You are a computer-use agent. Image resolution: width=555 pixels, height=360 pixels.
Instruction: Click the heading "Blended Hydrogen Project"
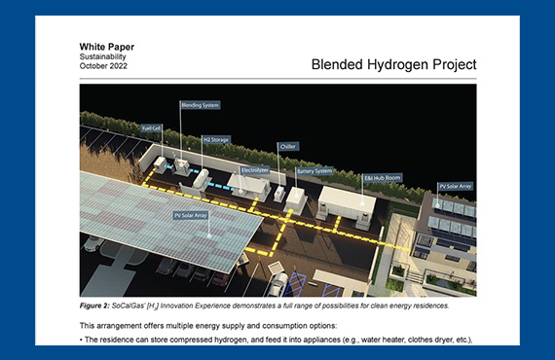click(x=394, y=65)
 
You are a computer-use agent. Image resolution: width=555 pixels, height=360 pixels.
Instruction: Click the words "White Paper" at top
click(x=107, y=46)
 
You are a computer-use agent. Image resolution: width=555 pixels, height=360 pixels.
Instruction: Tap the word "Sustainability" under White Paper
click(x=103, y=56)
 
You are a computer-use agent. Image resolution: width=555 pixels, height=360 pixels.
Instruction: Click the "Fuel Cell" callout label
click(x=151, y=127)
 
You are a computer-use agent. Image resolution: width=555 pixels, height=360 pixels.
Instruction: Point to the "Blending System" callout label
click(x=199, y=105)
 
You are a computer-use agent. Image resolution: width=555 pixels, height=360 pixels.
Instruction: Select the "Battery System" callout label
click(x=314, y=170)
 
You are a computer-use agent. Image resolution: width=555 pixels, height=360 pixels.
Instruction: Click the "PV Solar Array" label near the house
click(x=455, y=185)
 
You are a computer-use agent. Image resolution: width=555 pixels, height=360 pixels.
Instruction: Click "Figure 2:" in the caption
click(x=99, y=306)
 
